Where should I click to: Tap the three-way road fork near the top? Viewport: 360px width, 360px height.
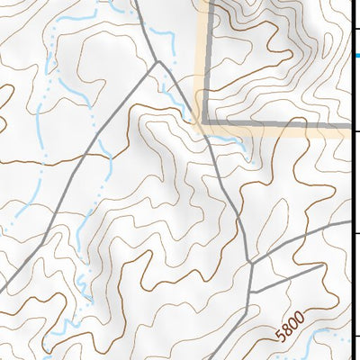[158, 62]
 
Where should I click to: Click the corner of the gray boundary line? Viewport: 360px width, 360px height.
[204, 121]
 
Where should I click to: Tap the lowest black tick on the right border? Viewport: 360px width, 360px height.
[355, 337]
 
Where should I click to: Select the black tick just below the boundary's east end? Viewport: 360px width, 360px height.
[355, 131]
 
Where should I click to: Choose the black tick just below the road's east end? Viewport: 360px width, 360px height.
[355, 235]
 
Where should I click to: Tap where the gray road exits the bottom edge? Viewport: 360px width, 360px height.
[248, 358]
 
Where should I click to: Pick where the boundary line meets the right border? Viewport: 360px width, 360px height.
[351, 121]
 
